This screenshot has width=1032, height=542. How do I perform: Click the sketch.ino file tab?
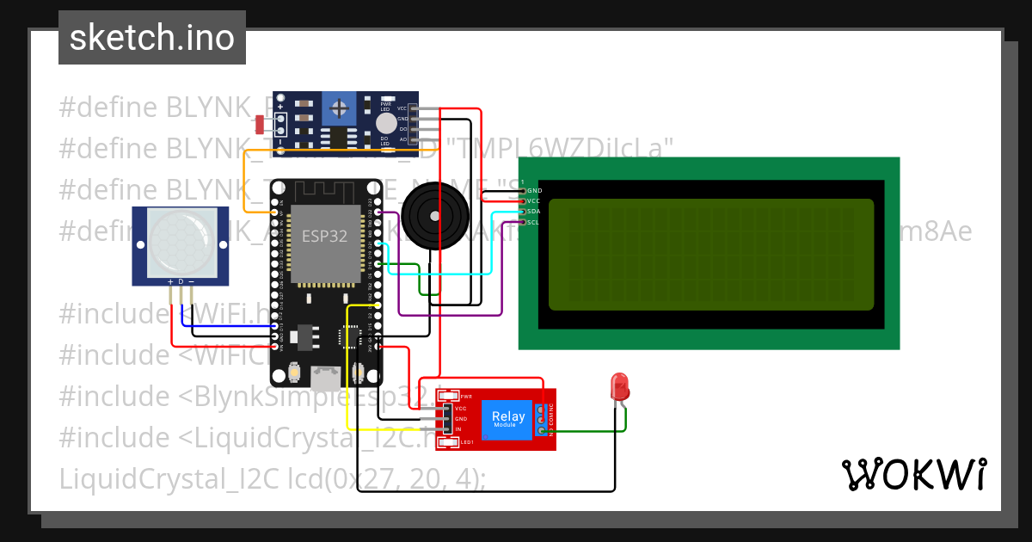point(152,38)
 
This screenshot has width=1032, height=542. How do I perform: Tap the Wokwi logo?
point(913,475)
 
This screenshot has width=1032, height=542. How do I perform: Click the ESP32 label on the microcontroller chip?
point(324,237)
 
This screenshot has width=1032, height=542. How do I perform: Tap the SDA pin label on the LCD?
point(533,211)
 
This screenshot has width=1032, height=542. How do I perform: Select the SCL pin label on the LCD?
point(533,222)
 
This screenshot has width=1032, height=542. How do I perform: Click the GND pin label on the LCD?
point(534,190)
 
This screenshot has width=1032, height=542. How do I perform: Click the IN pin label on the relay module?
point(458,428)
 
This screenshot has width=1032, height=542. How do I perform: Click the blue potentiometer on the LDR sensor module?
point(341,109)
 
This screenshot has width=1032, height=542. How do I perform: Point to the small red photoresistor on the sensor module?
point(260,126)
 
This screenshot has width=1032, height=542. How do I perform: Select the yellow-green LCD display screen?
point(710,254)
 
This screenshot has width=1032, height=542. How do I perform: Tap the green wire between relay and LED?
point(593,431)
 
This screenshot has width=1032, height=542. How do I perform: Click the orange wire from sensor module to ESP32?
point(244,181)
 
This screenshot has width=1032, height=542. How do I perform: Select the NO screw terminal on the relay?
point(540,431)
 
